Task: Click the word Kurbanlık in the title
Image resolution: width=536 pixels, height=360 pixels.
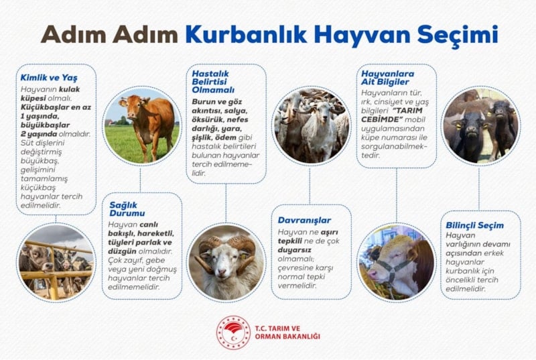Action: [x=247, y=35]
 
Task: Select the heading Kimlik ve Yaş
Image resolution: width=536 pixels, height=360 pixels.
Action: [x=49, y=78]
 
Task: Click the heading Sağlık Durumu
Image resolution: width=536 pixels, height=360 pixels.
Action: [x=127, y=209]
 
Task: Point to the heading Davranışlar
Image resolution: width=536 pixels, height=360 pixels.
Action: [x=304, y=220]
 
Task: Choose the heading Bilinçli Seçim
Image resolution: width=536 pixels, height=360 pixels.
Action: [x=474, y=225]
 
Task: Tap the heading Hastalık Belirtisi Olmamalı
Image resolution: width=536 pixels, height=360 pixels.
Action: [x=213, y=82]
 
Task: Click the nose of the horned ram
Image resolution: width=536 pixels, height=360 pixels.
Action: [x=222, y=271]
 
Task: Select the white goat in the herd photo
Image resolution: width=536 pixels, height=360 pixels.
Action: [x=316, y=130]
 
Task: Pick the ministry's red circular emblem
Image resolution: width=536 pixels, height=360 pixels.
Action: [x=233, y=332]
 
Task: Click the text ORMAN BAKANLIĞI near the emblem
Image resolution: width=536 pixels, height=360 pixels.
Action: [x=287, y=337]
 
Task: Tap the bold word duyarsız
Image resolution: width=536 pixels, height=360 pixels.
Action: [x=294, y=250]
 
